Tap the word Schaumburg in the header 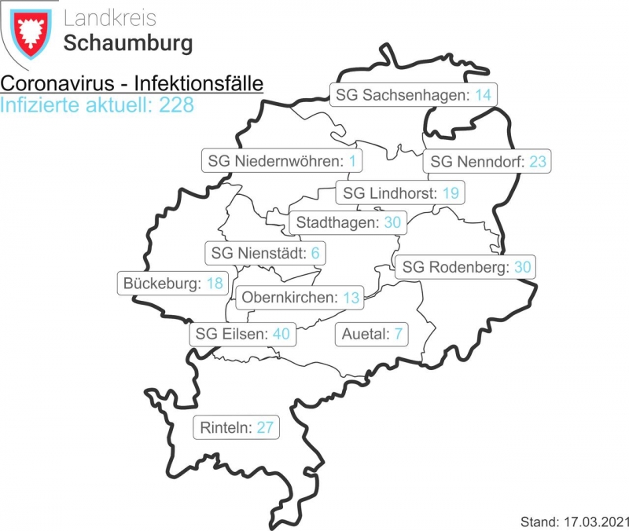[x=127, y=42]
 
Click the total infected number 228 [x=176, y=104]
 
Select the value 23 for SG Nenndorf [x=538, y=162]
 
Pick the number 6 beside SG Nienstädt [x=315, y=254]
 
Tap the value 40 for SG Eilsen [x=281, y=334]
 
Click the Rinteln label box [x=236, y=428]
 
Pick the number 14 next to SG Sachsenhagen [x=483, y=95]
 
